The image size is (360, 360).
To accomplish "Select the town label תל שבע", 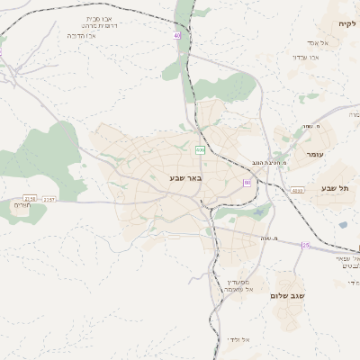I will point(334,188).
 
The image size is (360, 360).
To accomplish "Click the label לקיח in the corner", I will point(347,23).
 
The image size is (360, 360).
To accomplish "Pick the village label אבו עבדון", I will point(306,57).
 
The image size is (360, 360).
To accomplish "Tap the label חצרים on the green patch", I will point(23,205).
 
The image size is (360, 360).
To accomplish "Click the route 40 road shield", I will point(177,35).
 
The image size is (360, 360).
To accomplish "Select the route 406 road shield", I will point(200,149).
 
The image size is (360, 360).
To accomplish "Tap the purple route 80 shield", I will point(246,183).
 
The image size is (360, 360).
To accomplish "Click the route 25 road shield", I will point(305,246).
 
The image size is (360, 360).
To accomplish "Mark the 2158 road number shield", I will point(30,199).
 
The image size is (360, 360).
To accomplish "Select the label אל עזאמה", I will point(236,289).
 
